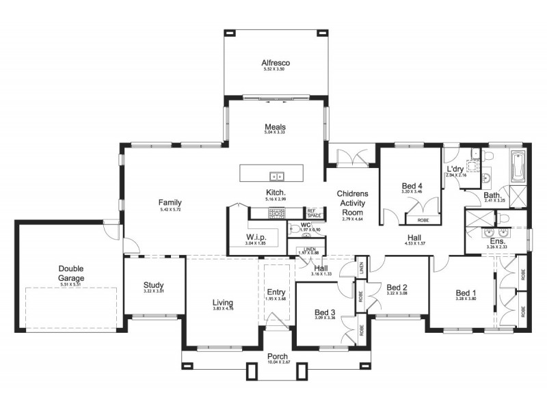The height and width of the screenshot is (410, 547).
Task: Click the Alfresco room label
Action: pos(276,61)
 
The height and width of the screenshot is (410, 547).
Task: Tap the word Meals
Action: pos(276,127)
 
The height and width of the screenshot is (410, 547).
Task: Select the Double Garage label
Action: pos(71,274)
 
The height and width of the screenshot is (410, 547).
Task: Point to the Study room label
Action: pos(153,285)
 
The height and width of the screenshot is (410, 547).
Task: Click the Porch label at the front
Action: pos(277,357)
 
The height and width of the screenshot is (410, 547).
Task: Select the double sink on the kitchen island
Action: pos(276,174)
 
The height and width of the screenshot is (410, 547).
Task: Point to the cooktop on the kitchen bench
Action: pos(277,213)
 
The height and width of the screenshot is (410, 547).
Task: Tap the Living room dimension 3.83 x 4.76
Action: pos(223,310)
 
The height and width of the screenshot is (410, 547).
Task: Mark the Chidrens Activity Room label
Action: pos(352,203)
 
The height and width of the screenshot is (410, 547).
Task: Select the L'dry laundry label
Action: pos(455,169)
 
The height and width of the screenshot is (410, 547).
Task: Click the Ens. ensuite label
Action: pos(497,242)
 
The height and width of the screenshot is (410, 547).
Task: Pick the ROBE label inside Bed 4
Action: pos(423,221)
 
